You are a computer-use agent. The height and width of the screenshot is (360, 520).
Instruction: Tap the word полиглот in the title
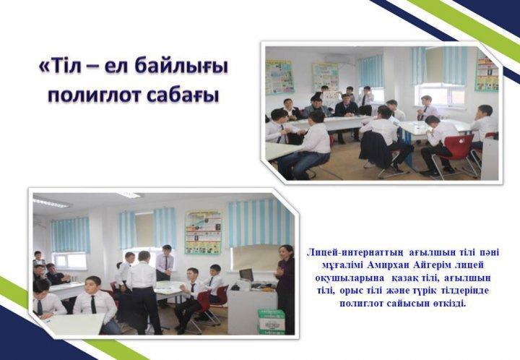(x=94, y=95)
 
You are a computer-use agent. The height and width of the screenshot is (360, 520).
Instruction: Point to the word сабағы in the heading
(x=183, y=96)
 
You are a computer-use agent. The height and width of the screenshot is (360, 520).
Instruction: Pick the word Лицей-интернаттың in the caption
(x=355, y=252)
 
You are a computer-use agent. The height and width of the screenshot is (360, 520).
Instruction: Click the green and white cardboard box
(x=272, y=321)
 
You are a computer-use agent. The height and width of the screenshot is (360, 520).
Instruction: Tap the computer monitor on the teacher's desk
(x=246, y=275)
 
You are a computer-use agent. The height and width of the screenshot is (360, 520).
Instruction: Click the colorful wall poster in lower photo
(x=203, y=232)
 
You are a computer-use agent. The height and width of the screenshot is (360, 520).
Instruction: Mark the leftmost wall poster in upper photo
(x=279, y=77)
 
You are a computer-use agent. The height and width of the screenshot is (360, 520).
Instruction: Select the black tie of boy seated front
(x=94, y=304)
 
